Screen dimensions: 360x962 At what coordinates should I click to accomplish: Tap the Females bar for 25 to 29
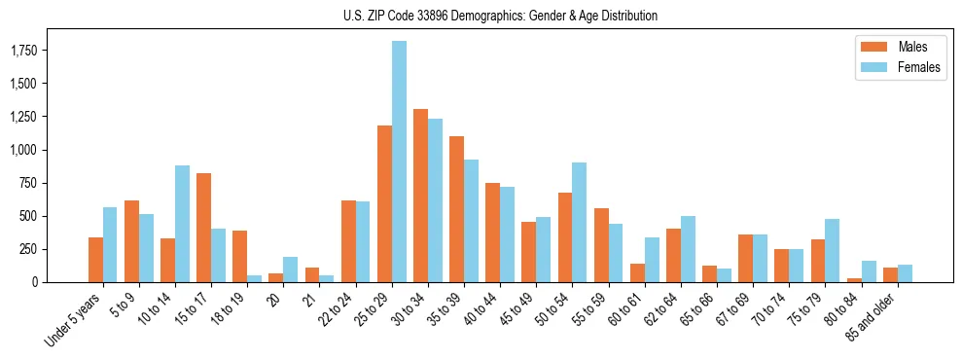tap(399, 162)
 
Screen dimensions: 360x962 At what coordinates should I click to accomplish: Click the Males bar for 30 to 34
tap(420, 196)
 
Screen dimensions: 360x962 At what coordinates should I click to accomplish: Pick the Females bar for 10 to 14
tap(182, 224)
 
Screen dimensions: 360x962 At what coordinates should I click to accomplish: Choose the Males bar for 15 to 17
tap(203, 228)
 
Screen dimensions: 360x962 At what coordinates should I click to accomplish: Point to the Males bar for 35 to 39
tap(456, 209)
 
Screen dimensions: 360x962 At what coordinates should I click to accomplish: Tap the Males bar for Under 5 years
tap(95, 260)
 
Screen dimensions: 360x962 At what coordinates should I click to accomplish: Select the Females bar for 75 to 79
tap(832, 250)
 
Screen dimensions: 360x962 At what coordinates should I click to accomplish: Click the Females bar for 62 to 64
tap(687, 249)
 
